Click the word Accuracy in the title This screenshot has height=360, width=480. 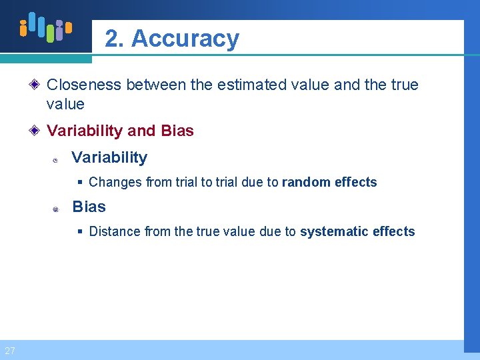pos(185,39)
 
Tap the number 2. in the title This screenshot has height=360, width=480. pos(115,39)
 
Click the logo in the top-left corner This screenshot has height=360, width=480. pos(45,27)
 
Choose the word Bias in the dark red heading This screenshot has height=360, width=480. pos(177,131)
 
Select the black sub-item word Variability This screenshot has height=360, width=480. pos(109,158)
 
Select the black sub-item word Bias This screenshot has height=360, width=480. pos(89,207)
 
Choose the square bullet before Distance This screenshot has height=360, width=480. pos(80,231)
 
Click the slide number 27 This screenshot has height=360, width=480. pos(9,351)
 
